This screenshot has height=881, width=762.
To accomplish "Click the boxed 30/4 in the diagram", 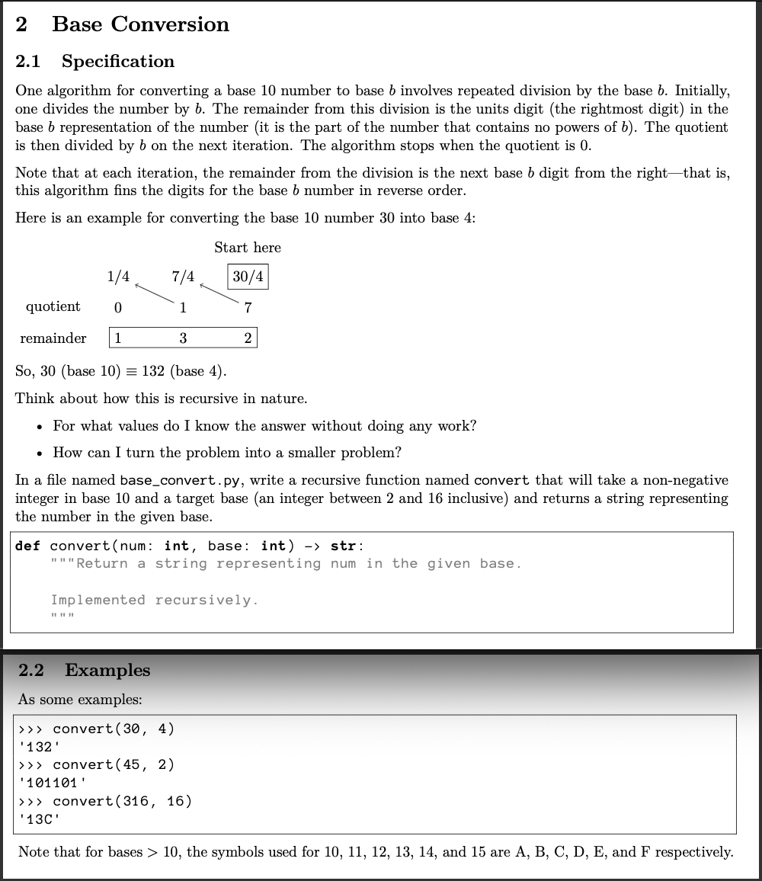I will pos(248,277).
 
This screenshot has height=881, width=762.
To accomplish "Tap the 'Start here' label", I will pos(247,248).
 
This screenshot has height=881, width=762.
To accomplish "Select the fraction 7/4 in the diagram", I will pos(183,277).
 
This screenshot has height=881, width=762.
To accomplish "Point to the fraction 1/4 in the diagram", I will pos(118,277).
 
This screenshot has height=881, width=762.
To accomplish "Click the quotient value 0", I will pos(117,308).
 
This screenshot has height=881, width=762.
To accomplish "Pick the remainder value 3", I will pos(183,338).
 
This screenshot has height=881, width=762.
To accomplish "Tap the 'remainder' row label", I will pos(53,338).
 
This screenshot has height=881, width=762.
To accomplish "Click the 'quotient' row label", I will pos(53,306).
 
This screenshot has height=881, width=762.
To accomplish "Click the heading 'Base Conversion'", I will pos(140,24).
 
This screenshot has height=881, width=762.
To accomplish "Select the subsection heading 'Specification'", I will pos(118,61).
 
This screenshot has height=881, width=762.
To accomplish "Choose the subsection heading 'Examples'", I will pos(107,670).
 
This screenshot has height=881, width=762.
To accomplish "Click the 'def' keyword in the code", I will pos(28,546).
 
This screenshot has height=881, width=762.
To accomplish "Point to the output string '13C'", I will pos(38,819).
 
